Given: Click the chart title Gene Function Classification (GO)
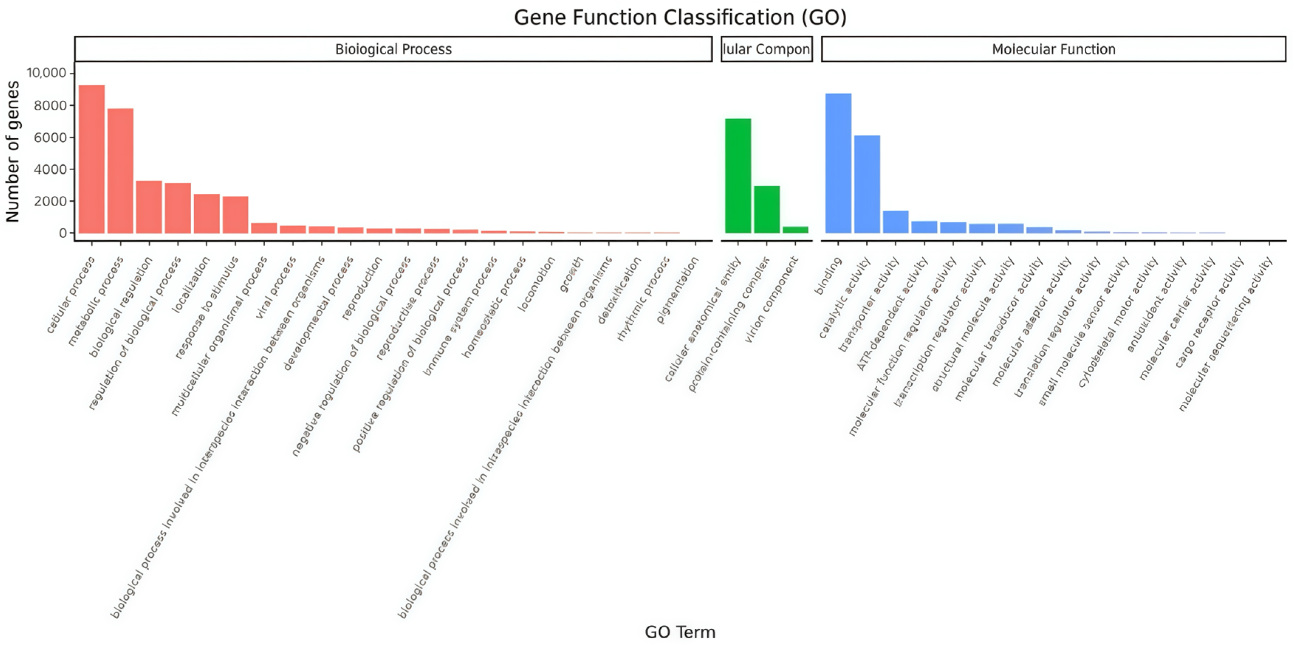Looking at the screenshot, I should [x=680, y=18].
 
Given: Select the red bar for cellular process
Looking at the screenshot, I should [x=92, y=159].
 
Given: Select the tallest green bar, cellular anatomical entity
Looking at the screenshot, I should [x=738, y=176].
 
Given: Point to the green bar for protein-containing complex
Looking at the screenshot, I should [x=766, y=209].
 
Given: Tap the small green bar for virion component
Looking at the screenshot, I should [x=796, y=230].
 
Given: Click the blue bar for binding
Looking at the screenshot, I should [x=838, y=163].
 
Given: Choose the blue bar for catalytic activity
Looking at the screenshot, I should [x=867, y=184].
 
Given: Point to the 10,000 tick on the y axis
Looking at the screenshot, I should [x=46, y=73].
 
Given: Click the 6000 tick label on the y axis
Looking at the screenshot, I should [x=50, y=137].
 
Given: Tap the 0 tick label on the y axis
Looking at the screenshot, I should [x=62, y=233].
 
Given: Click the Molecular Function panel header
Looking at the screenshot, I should [x=1053, y=49].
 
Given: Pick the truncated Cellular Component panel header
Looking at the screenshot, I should [x=766, y=49].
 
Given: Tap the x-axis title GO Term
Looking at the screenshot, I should [x=680, y=631].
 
